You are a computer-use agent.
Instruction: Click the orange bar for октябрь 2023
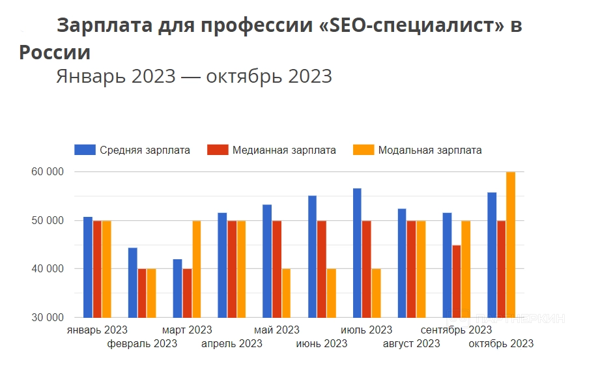511,245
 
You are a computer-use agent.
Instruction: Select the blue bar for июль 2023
358,253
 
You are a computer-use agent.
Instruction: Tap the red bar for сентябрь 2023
456,281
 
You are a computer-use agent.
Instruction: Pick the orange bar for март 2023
196,269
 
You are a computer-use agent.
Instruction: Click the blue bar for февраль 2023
133,283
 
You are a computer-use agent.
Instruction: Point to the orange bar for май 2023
287,293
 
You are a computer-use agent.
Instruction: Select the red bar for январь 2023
97,269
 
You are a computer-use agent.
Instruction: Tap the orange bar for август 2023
421,269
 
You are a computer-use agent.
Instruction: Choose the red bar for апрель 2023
232,269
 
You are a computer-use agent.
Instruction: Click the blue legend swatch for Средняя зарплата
85,150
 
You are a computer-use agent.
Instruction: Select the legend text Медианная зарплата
284,150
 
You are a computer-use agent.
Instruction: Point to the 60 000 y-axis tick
50,172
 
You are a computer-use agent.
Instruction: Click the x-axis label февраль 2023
142,344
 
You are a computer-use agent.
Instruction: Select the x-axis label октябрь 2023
501,344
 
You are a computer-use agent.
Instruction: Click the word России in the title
55,52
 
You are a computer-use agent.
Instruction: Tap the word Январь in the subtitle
91,76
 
